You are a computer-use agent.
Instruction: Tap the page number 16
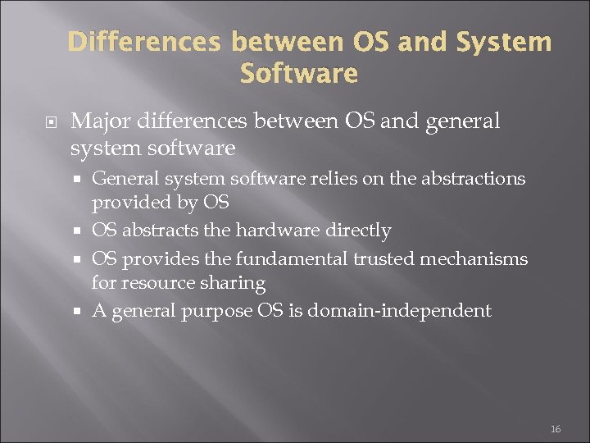tap(556, 429)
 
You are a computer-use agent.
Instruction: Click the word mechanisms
tap(473, 258)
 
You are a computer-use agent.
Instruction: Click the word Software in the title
tap(299, 74)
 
